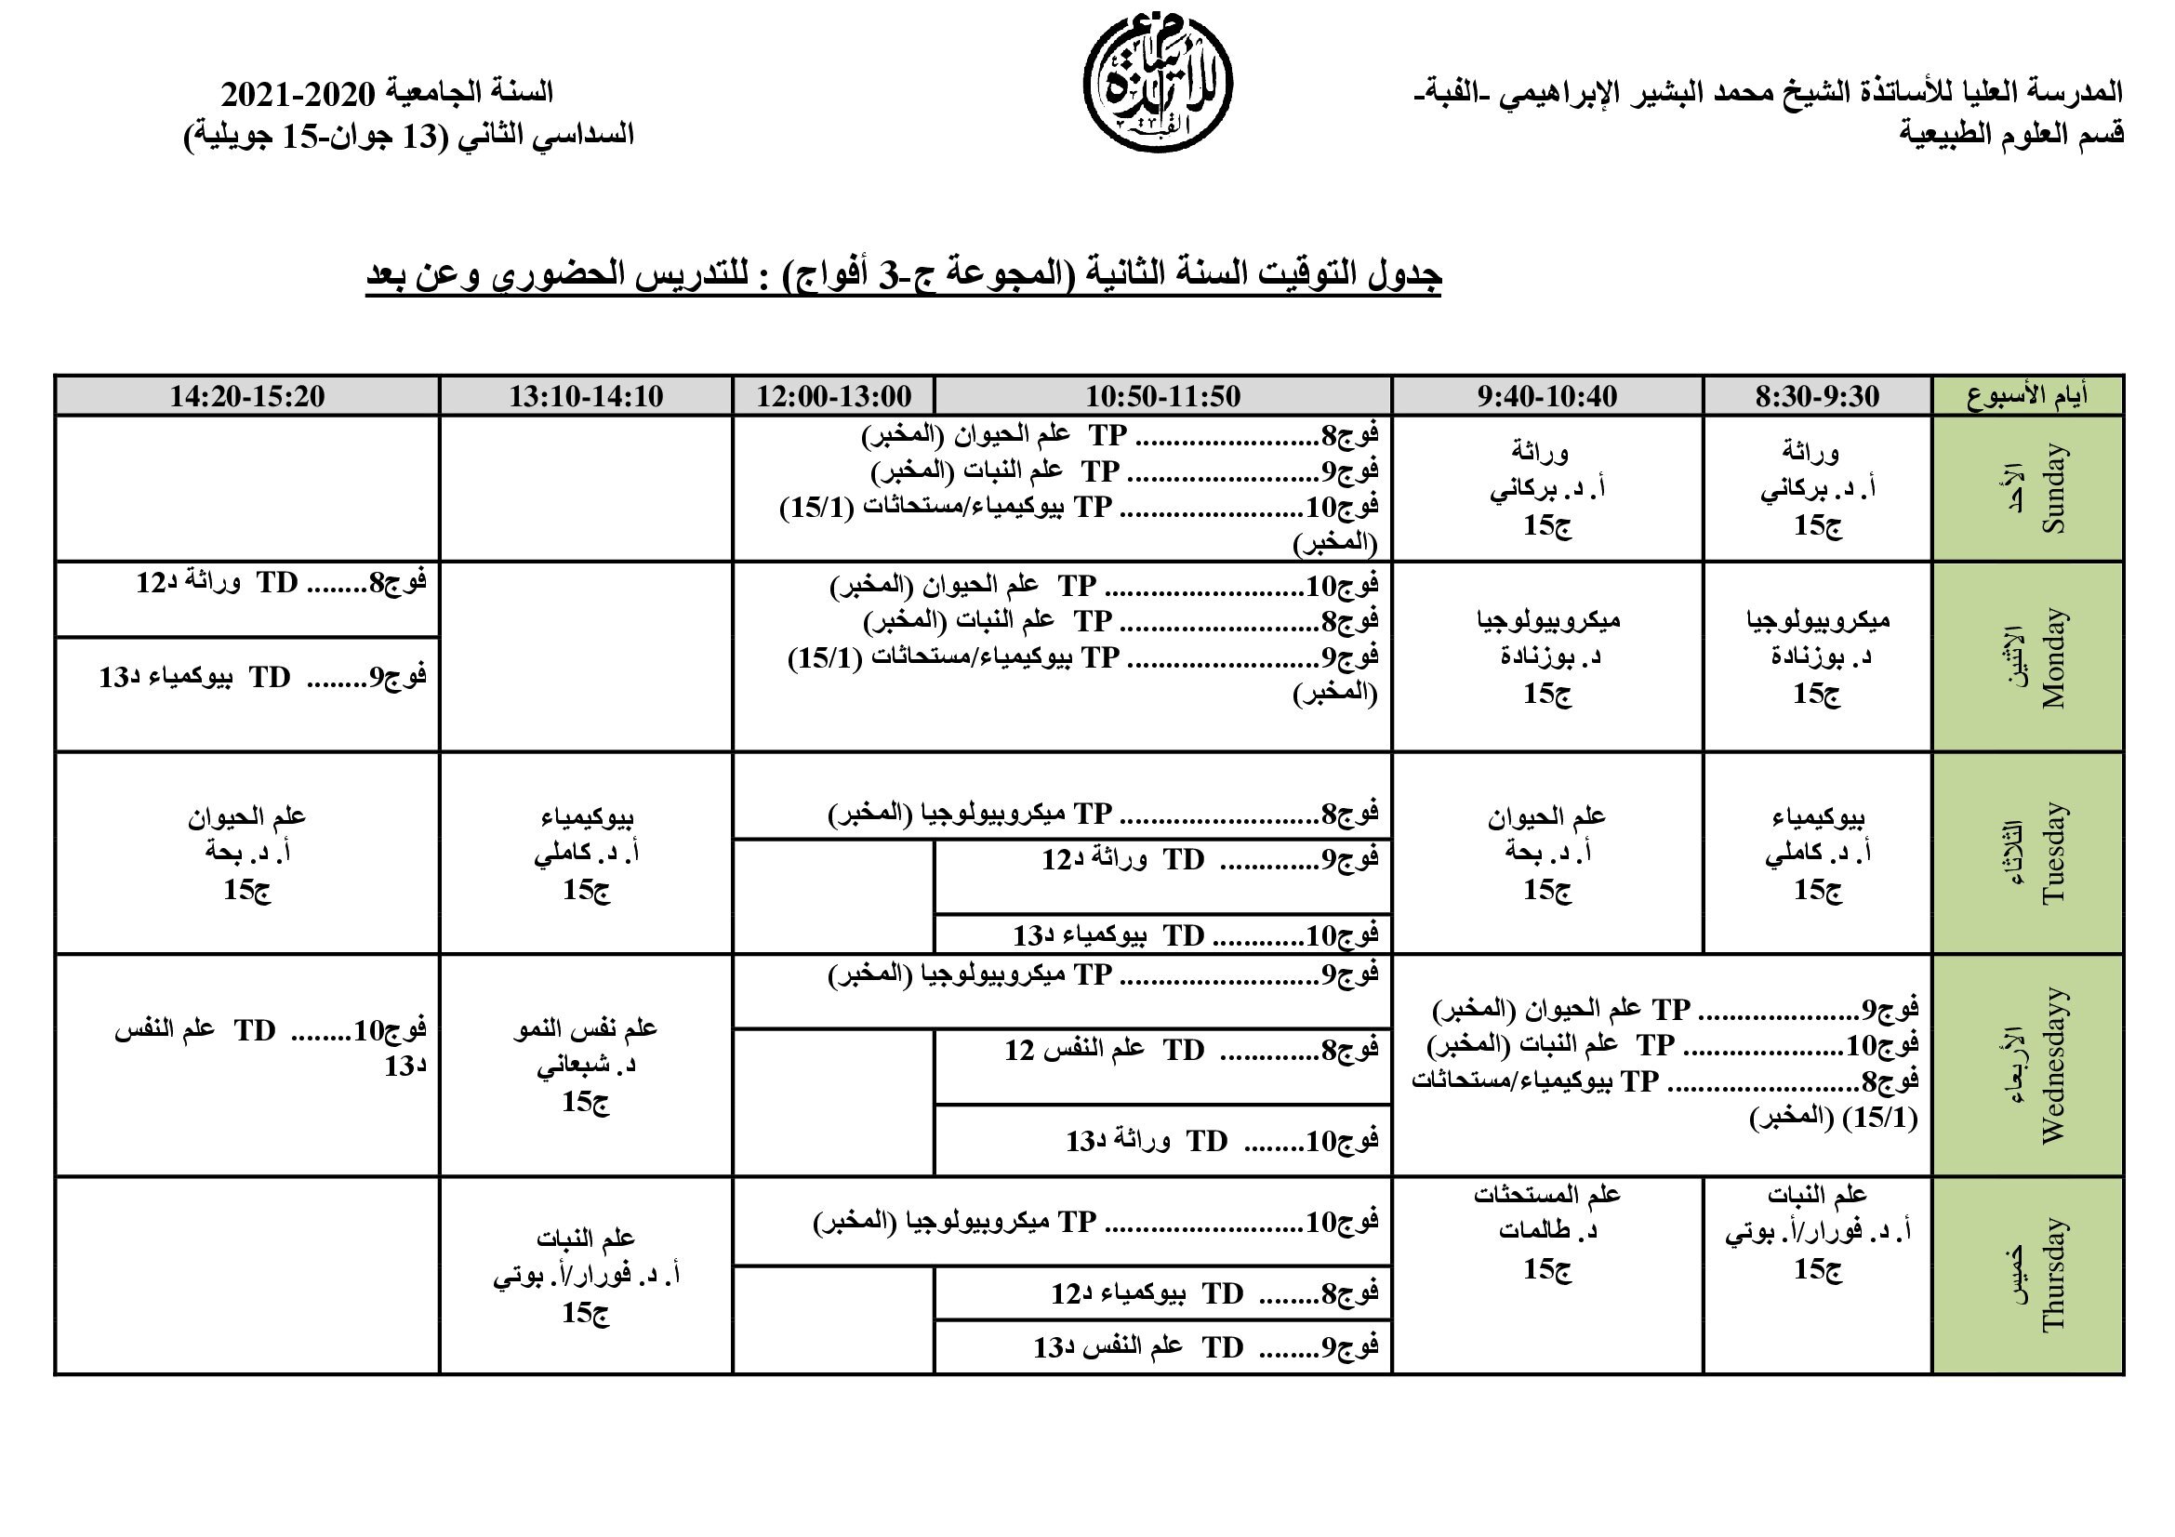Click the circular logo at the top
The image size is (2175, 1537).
[x=1158, y=85]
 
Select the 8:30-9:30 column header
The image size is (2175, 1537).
[x=1817, y=396]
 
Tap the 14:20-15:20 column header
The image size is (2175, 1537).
[x=247, y=396]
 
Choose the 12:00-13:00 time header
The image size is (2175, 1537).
[x=833, y=396]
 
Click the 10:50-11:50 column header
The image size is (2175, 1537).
[x=1162, y=396]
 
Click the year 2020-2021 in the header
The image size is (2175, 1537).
[x=298, y=94]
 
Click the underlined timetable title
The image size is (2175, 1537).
[x=904, y=275]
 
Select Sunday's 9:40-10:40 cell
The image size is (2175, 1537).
[x=1547, y=489]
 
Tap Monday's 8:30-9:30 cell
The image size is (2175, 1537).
[x=1817, y=657]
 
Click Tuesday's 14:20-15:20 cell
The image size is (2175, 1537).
[x=247, y=853]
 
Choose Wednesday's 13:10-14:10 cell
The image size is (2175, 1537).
[x=586, y=1066]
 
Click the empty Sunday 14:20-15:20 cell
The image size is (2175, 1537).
[x=247, y=489]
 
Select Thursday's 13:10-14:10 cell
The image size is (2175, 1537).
[x=586, y=1275]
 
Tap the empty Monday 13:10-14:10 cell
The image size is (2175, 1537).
[x=586, y=657]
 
